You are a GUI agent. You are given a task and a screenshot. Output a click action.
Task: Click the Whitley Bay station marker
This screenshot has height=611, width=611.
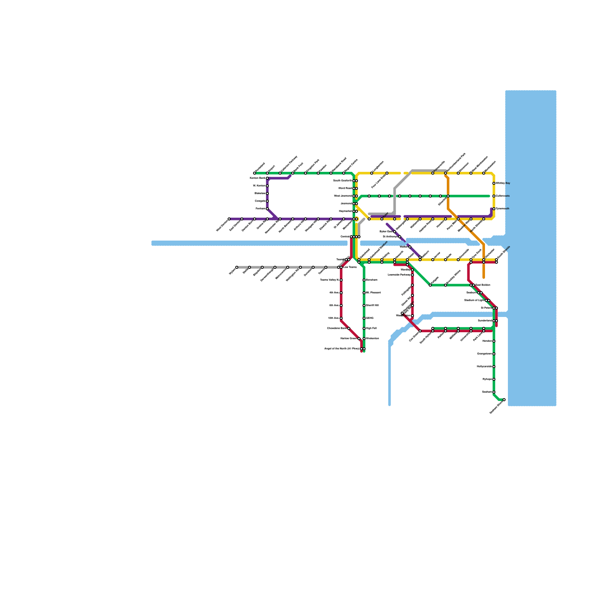[494, 183]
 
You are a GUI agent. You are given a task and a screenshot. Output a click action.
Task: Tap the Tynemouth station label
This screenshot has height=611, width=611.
[503, 209]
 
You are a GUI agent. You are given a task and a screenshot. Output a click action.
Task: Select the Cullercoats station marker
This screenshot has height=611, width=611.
[494, 196]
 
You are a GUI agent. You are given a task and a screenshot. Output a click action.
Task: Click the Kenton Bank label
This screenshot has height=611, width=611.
[257, 178]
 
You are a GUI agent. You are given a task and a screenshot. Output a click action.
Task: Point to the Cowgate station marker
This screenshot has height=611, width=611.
[267, 201]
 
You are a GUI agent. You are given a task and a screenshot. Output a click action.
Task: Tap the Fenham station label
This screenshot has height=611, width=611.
[260, 209]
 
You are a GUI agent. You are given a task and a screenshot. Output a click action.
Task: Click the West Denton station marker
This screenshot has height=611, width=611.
[229, 219]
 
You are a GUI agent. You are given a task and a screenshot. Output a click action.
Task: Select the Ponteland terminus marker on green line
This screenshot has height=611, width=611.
[255, 173]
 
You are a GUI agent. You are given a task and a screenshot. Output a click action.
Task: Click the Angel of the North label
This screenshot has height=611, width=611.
[342, 349]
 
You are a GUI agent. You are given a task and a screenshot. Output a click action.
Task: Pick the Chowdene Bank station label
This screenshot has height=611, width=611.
[336, 328]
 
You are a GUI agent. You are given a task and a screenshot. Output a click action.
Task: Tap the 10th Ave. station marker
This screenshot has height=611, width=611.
[341, 318]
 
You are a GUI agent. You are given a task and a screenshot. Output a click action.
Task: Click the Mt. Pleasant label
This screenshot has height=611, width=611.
[373, 293]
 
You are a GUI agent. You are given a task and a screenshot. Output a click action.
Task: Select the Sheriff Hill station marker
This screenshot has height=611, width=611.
[364, 305]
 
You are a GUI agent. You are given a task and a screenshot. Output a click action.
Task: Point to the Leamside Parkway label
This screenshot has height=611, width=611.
[399, 275]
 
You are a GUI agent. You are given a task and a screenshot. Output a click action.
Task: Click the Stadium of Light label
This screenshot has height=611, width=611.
[474, 301]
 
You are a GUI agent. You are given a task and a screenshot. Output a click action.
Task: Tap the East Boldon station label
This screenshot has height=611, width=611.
[483, 285]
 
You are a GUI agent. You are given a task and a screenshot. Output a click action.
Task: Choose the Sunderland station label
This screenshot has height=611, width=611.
[485, 321]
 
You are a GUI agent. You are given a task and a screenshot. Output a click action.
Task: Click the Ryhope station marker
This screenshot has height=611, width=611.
[494, 379]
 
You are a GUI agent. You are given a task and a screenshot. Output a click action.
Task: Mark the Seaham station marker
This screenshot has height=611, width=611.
[494, 392]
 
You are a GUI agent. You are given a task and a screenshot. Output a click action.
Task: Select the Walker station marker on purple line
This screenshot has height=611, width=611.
[410, 247]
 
